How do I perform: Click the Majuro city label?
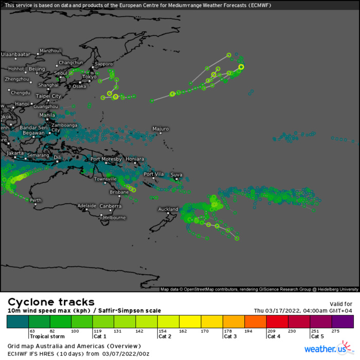click(160, 129)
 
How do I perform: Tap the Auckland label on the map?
click(168, 209)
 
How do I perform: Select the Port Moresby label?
click(106, 159)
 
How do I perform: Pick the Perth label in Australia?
click(35, 200)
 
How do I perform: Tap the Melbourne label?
click(114, 218)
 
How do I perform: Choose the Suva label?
click(176, 175)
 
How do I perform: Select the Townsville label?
click(105, 179)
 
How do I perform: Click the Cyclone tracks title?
click(51, 302)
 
